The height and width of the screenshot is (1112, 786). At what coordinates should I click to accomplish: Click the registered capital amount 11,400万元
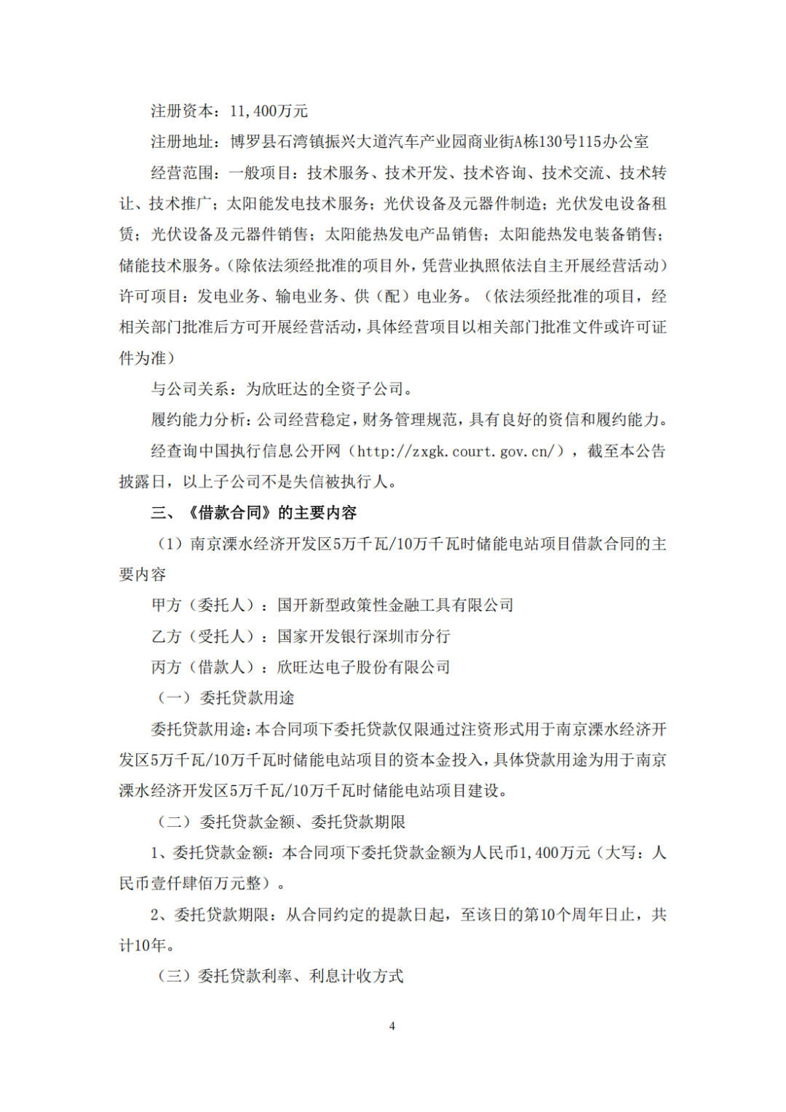tap(269, 111)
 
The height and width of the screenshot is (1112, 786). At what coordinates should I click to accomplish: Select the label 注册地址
tap(182, 142)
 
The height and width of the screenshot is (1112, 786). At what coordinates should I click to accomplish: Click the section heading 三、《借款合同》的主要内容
tap(254, 513)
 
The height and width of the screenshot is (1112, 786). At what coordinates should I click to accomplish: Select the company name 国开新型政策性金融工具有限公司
tap(395, 605)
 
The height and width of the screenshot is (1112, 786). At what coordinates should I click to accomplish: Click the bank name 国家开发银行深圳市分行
tap(364, 637)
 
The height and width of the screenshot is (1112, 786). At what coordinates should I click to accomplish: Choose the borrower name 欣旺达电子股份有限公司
tap(364, 667)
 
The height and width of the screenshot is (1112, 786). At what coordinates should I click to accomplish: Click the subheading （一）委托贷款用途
tap(226, 699)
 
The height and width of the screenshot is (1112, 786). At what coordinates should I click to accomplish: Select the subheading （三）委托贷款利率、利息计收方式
tap(280, 977)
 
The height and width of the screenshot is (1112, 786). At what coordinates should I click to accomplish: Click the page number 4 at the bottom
tap(392, 1026)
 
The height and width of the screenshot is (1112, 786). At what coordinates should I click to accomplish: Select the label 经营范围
tap(182, 173)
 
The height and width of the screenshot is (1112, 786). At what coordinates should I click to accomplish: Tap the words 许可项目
tap(150, 297)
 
